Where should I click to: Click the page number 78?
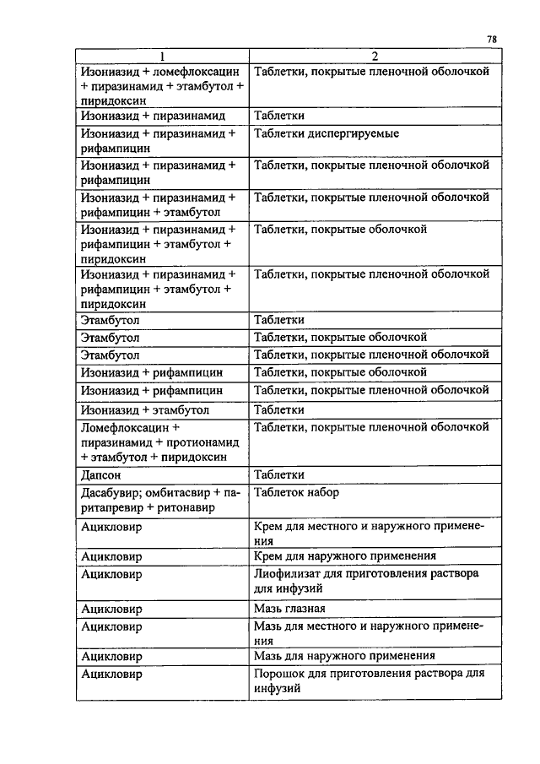point(492,40)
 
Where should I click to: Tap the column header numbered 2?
point(373,57)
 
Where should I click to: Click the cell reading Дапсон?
point(101,475)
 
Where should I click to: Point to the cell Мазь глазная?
point(289,608)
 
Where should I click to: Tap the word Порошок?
point(278,674)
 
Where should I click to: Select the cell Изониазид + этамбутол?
point(144,409)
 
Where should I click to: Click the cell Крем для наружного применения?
point(344,556)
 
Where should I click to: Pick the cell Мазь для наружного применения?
point(344,655)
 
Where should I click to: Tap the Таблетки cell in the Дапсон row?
point(279,475)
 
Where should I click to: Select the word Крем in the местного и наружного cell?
point(268,526)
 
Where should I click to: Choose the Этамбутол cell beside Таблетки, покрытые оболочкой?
point(110,338)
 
